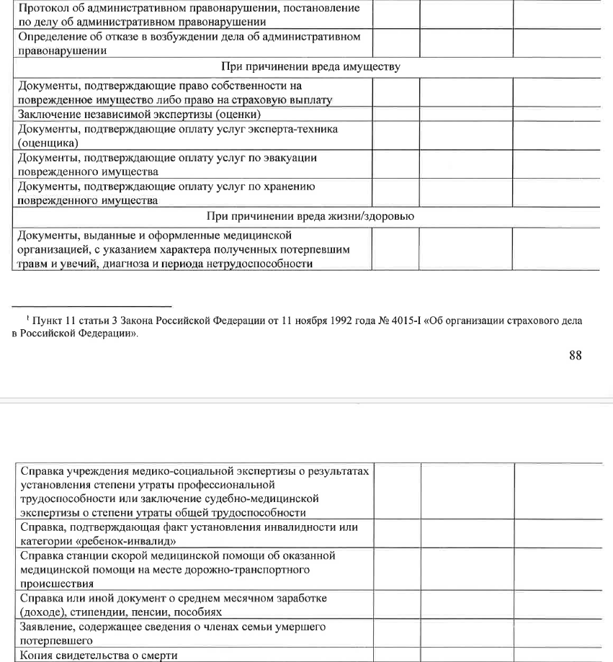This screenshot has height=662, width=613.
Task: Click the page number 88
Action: [575, 354]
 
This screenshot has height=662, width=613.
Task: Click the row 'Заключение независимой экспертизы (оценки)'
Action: [138, 115]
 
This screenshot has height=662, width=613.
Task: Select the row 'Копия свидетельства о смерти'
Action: [98, 655]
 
